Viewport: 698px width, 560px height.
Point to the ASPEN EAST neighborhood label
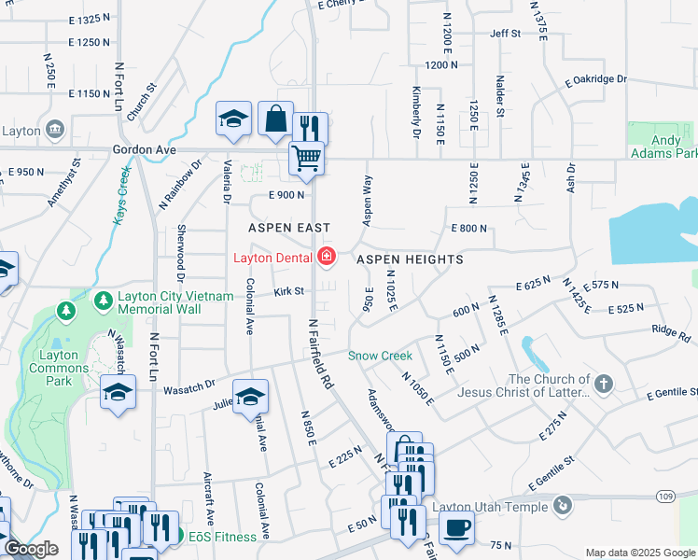289,228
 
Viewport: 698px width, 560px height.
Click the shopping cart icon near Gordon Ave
306,158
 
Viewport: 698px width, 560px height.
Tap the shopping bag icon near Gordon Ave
275,119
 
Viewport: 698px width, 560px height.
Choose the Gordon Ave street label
144,149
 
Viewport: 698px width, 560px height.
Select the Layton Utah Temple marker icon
562,505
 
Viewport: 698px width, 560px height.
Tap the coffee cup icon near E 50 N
456,526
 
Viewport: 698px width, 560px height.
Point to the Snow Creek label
380,356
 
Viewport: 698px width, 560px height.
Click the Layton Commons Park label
64,361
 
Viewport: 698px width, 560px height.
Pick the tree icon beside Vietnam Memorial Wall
103,300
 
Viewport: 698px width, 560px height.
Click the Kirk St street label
289,292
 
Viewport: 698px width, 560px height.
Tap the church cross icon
604,384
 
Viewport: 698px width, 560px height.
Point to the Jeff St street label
505,33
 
